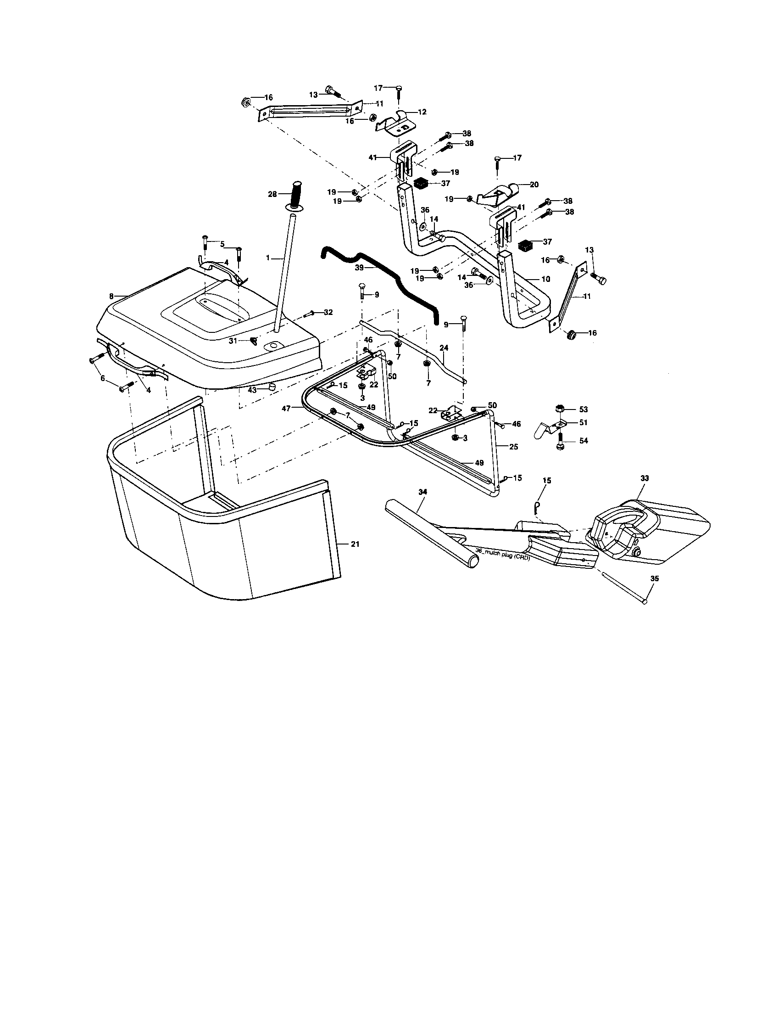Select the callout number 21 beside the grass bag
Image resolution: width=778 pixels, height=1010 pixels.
[x=355, y=544]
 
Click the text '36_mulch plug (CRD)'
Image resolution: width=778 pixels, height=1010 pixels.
[x=502, y=557]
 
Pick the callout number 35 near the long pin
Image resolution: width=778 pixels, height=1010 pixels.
[x=654, y=578]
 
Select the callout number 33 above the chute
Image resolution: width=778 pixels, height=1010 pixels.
[x=645, y=479]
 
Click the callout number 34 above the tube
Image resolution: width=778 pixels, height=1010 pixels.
[x=422, y=494]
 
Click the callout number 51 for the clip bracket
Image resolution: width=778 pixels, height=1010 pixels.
[x=583, y=422]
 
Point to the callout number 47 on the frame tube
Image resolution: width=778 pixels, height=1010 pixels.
[x=286, y=409]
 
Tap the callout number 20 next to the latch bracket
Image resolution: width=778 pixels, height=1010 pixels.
[x=534, y=185]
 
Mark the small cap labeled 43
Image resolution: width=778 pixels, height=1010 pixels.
[x=272, y=386]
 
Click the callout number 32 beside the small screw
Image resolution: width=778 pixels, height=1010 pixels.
[x=328, y=313]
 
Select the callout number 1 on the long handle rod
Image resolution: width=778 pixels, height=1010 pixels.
[x=267, y=258]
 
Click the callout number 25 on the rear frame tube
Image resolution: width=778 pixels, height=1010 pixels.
[x=513, y=447]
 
